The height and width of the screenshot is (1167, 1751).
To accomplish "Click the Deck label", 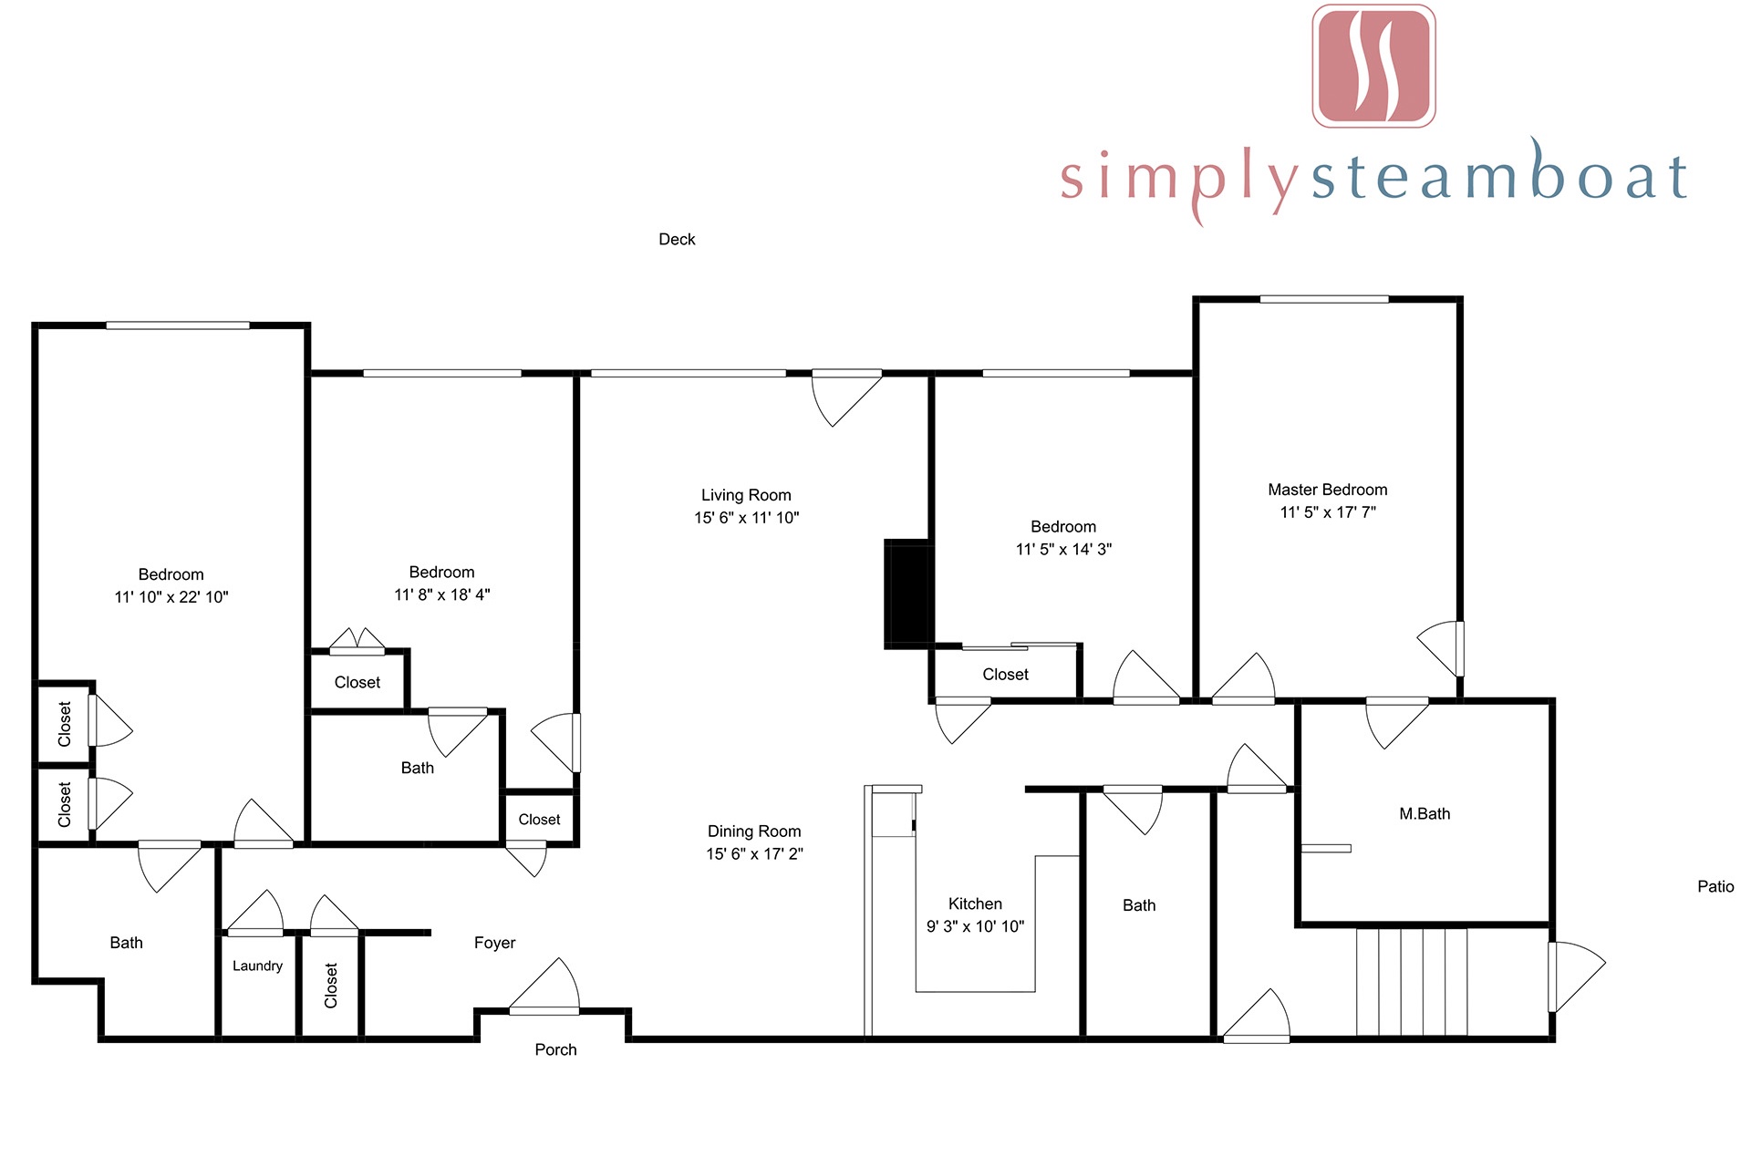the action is pyautogui.click(x=677, y=239).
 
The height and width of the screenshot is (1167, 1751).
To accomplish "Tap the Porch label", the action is pyautogui.click(x=555, y=1049).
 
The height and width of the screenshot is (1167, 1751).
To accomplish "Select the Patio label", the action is pyautogui.click(x=1715, y=886).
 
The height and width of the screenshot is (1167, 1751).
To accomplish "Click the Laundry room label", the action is pyautogui.click(x=257, y=966).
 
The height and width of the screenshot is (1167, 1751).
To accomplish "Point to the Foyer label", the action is pyautogui.click(x=494, y=943).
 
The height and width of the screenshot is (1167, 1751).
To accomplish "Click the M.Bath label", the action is pyautogui.click(x=1425, y=813).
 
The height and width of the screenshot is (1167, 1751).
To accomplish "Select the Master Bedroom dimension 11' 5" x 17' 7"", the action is pyautogui.click(x=1328, y=512).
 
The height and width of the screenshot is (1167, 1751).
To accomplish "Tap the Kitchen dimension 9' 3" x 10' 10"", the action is pyautogui.click(x=975, y=926).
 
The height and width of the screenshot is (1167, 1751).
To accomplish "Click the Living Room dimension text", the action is pyautogui.click(x=746, y=517).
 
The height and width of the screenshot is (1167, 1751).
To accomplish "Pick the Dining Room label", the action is pyautogui.click(x=754, y=831).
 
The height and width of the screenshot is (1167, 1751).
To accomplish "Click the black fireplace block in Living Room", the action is pyautogui.click(x=907, y=594).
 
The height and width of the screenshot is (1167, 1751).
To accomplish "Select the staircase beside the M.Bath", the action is pyautogui.click(x=1412, y=982).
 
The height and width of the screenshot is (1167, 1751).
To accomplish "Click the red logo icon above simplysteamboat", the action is pyautogui.click(x=1373, y=66).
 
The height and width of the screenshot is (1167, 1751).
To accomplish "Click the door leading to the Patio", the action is pyautogui.click(x=1576, y=976).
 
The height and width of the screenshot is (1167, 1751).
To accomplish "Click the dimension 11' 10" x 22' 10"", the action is pyautogui.click(x=171, y=597).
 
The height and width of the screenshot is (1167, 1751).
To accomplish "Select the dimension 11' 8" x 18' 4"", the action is pyautogui.click(x=441, y=594).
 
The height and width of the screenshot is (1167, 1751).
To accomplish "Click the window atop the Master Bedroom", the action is pyautogui.click(x=1324, y=299).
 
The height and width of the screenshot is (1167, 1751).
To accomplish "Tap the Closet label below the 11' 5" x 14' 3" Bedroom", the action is pyautogui.click(x=1005, y=675).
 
